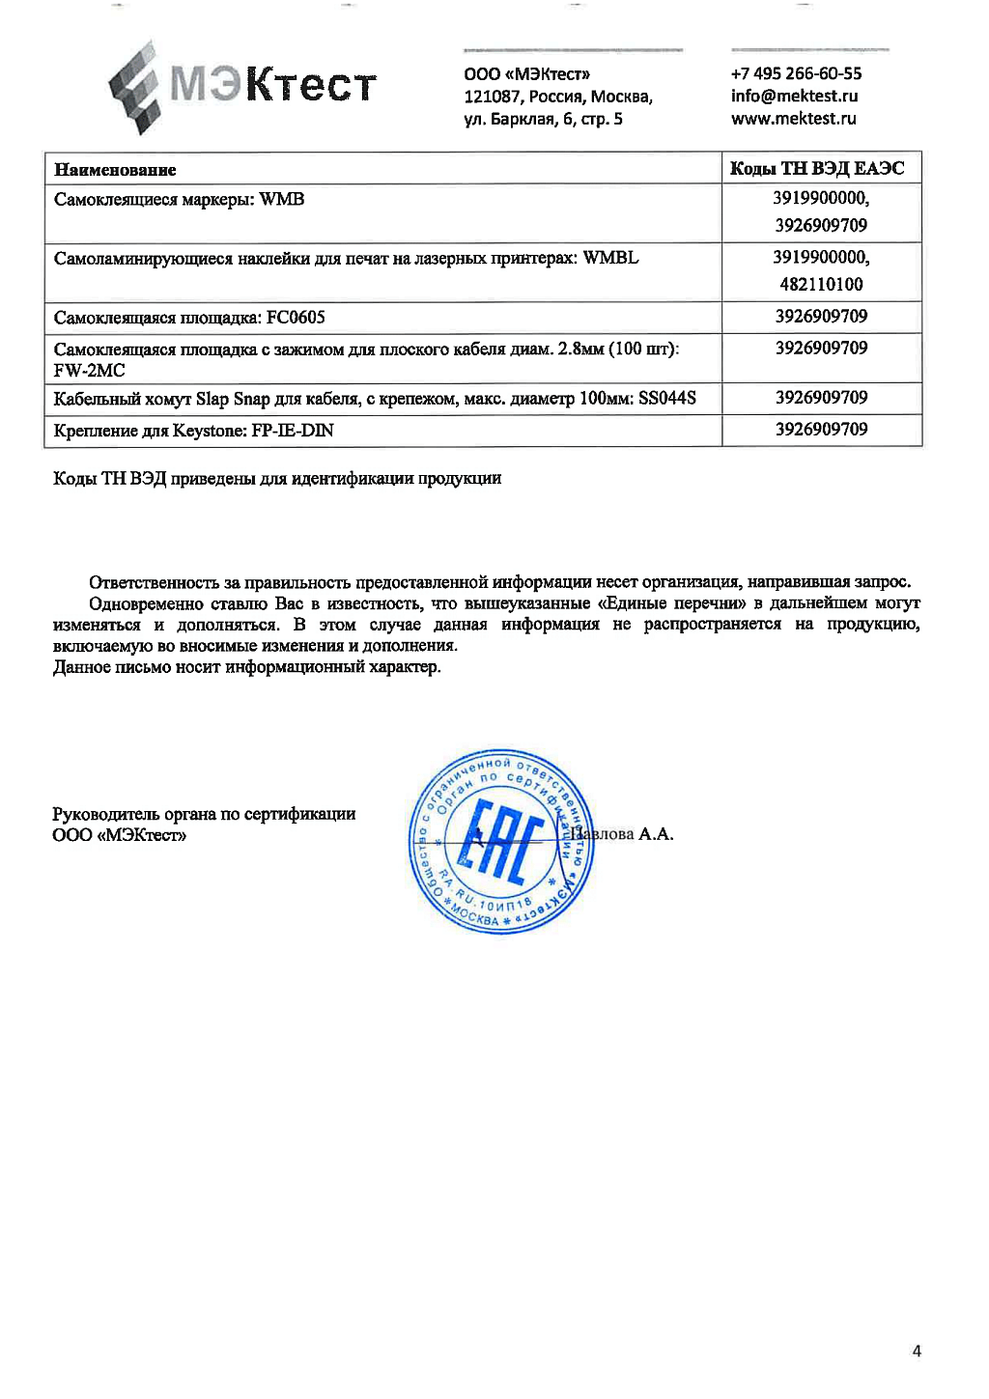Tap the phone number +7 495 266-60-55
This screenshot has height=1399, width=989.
pos(796,73)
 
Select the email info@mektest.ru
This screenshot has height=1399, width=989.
pos(794,96)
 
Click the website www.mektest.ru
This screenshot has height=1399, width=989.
pos(793,119)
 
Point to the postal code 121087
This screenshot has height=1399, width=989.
pos(492,97)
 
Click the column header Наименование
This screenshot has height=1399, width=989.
pos(115,170)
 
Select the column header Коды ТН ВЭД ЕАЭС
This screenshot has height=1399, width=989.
pos(817,169)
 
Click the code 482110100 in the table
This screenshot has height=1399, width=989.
pos(821,284)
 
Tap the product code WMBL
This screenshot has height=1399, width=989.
pos(610,258)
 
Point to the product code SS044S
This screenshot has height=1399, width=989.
pos(666,398)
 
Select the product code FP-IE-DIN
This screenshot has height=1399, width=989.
pos(292,431)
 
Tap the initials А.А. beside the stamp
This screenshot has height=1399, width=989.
pos(656,834)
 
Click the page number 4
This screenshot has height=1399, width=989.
pos(916,1351)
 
